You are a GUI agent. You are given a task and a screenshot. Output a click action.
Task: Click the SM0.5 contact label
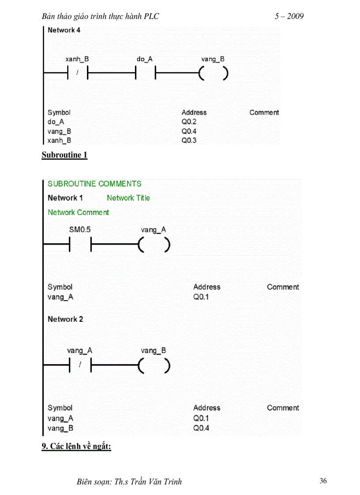[x=80, y=230]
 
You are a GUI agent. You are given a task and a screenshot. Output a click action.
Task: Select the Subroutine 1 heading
[x=64, y=155]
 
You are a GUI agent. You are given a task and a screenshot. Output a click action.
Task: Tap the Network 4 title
[x=64, y=30]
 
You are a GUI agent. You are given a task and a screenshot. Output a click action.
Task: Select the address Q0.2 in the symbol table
[x=189, y=122]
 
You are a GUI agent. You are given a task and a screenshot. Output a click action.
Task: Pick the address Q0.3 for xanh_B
[x=189, y=140]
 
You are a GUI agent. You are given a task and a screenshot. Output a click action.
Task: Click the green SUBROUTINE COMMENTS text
[x=94, y=184]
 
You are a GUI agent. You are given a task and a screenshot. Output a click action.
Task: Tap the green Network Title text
[x=128, y=198]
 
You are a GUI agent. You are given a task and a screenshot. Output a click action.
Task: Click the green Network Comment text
[x=78, y=212]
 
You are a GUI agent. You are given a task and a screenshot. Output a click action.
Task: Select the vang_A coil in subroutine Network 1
[x=154, y=245]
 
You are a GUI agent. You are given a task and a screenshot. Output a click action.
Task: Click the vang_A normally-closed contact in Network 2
[x=80, y=365]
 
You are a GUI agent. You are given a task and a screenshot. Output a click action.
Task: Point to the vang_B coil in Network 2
[x=154, y=365]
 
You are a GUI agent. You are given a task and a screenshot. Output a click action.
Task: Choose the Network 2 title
[x=65, y=319]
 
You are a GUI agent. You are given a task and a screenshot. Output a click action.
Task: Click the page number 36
[x=323, y=481]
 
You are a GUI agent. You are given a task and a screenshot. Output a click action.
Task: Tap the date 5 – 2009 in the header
[x=289, y=17]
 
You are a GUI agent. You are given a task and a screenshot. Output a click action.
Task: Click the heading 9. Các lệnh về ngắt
[x=76, y=446]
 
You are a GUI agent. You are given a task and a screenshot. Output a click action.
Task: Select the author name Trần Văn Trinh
[x=154, y=481]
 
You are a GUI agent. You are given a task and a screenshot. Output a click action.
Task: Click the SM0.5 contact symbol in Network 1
[x=80, y=245]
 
